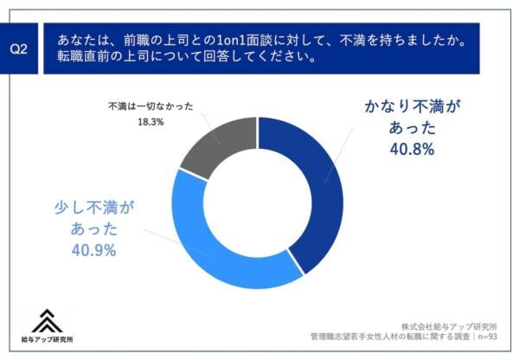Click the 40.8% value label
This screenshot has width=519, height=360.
(410, 149)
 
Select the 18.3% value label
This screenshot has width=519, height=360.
(150, 123)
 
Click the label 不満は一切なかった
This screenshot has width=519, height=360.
(150, 107)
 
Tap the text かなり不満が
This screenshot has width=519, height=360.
(408, 107)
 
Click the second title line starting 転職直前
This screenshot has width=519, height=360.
(186, 59)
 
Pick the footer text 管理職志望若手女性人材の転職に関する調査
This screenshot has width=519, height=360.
(388, 338)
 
